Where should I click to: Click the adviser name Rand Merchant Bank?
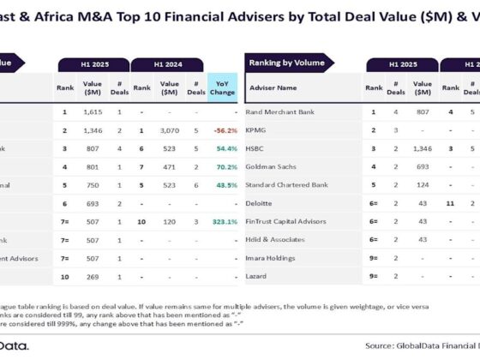[x=281, y=112]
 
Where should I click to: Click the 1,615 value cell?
[x=93, y=112]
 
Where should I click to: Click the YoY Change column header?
[x=223, y=87]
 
